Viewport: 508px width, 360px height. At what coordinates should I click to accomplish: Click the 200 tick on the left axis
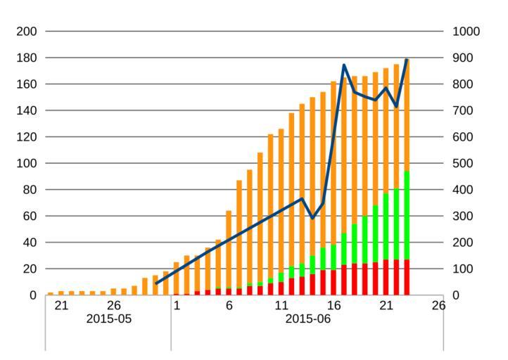pos(27,32)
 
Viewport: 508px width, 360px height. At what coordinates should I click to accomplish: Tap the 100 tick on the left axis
pos(27,163)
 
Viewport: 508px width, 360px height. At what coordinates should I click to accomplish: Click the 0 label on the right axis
pos(455,295)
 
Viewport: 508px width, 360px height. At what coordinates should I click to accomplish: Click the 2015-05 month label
pos(108,319)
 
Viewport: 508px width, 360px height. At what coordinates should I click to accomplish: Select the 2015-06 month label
pos(307,319)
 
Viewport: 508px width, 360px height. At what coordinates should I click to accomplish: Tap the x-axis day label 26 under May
pos(114,306)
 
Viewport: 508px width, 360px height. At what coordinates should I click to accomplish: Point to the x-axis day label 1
pos(177,306)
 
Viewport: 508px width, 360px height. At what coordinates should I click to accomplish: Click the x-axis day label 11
pos(281,306)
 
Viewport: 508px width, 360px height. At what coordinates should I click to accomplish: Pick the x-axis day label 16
pos(334,306)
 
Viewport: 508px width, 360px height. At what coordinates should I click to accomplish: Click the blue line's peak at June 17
pos(344,65)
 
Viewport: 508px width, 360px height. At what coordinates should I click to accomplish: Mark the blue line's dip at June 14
pos(312,218)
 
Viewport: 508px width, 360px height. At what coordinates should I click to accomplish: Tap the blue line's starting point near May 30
pos(155,283)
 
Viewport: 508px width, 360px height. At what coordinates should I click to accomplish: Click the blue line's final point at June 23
pos(407,60)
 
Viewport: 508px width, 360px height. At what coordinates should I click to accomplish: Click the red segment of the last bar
pos(407,278)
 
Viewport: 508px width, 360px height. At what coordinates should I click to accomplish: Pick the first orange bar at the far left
pos(50,293)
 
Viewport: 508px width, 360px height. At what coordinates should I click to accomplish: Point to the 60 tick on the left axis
pos(30,216)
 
